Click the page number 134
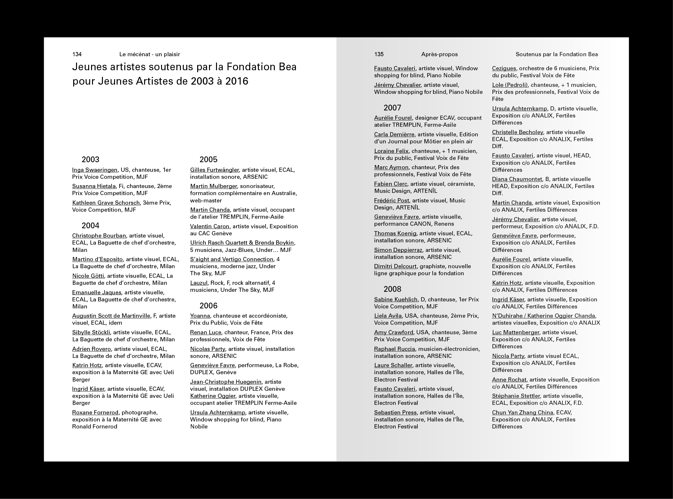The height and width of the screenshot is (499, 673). (77, 54)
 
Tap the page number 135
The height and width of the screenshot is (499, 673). (379, 54)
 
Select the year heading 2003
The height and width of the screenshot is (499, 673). (90, 160)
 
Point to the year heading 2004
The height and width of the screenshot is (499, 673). (90, 226)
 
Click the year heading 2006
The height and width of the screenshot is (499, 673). (208, 306)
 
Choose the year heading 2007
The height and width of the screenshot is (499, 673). (392, 108)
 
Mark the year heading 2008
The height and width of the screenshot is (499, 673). (392, 289)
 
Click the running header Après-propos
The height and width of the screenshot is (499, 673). (439, 54)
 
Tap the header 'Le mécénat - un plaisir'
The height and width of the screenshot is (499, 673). (150, 54)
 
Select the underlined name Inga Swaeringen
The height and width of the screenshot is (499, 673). (95, 170)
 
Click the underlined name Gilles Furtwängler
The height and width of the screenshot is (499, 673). (214, 170)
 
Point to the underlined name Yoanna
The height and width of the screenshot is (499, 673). (200, 316)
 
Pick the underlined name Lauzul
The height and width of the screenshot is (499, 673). (199, 283)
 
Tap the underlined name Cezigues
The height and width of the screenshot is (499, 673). (504, 68)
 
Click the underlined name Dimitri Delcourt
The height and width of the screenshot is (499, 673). (395, 266)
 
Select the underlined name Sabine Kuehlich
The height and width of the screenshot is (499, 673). (396, 299)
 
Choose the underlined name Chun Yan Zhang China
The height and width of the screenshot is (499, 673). (518, 412)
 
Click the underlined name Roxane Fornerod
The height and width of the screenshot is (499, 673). (95, 412)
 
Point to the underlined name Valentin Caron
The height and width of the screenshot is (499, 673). (210, 226)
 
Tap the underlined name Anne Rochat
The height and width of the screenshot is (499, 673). (509, 380)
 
